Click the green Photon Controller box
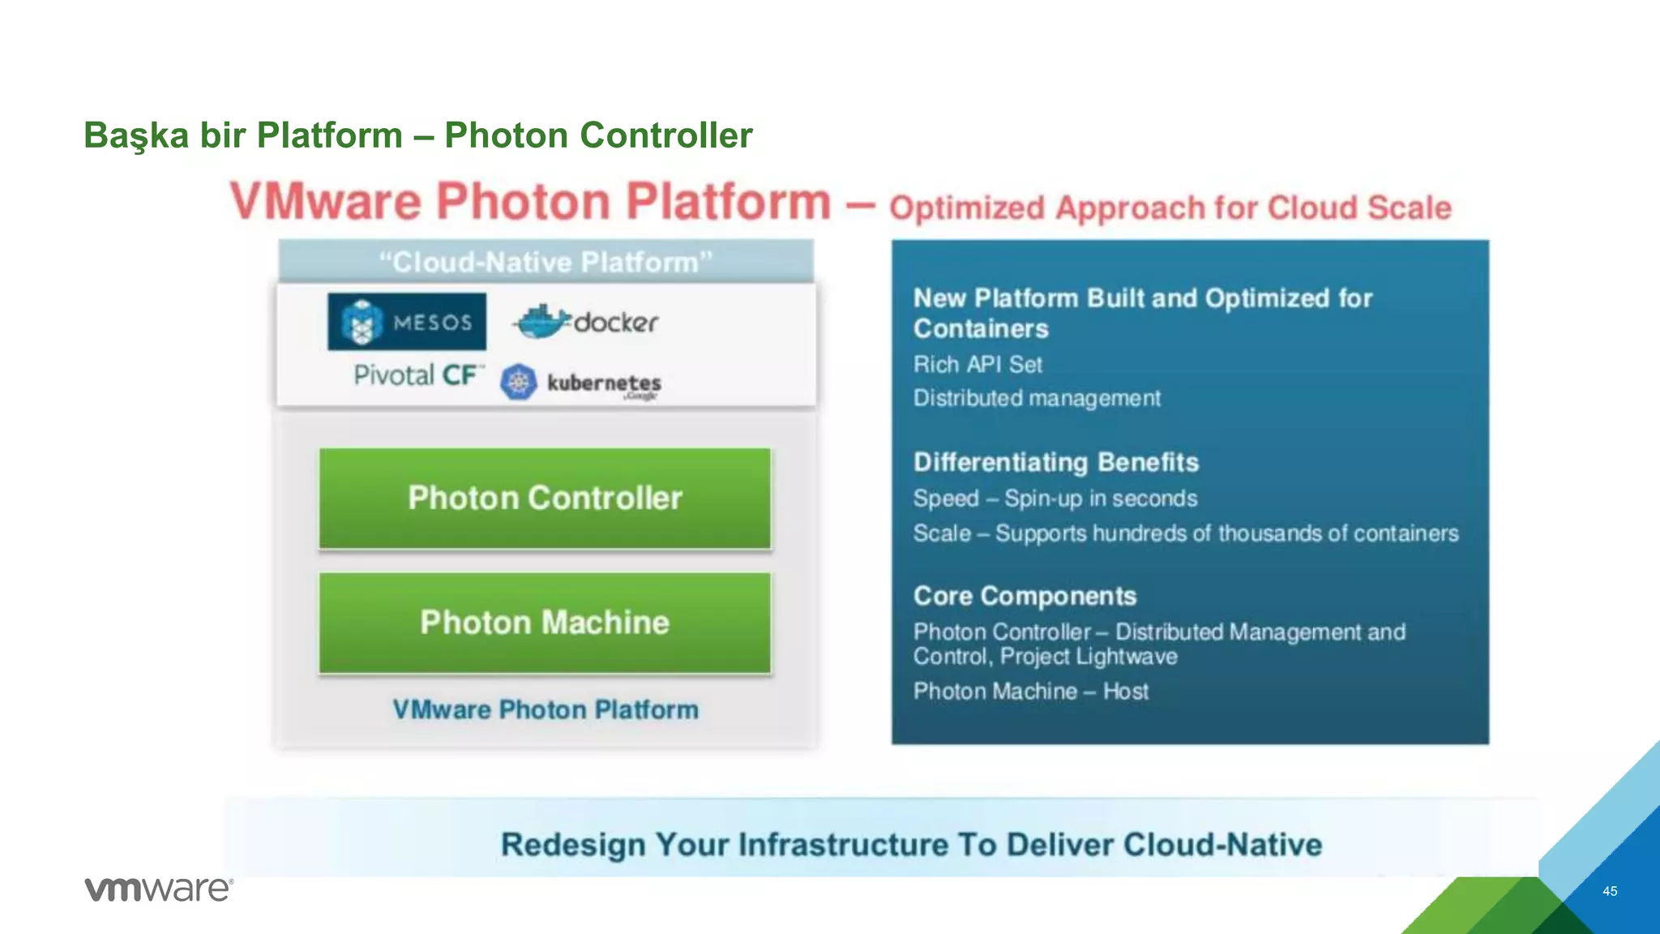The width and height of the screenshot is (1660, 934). pyautogui.click(x=545, y=499)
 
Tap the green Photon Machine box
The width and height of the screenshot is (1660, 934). pyautogui.click(x=545, y=623)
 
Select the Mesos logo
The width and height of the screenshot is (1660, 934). pyautogui.click(x=407, y=322)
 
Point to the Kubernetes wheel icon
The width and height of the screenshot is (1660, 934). pyautogui.click(x=519, y=382)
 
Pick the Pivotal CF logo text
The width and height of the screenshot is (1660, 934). pyautogui.click(x=417, y=375)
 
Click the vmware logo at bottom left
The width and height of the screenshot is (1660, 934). pyautogui.click(x=159, y=889)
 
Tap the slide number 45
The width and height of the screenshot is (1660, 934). pyautogui.click(x=1610, y=891)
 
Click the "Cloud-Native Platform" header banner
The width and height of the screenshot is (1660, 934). pyautogui.click(x=545, y=262)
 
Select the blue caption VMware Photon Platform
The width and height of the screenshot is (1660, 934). pyautogui.click(x=545, y=709)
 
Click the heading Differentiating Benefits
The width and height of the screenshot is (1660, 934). pyautogui.click(x=1056, y=462)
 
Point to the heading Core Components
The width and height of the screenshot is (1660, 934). pyautogui.click(x=1025, y=596)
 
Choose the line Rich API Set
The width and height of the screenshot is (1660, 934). pyautogui.click(x=978, y=365)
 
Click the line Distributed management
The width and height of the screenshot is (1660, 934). pyautogui.click(x=1037, y=398)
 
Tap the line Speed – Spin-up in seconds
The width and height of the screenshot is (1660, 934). pyautogui.click(x=1055, y=498)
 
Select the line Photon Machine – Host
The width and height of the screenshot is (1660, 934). pyautogui.click(x=1031, y=691)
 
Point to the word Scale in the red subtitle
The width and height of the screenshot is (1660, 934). pyautogui.click(x=1410, y=208)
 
